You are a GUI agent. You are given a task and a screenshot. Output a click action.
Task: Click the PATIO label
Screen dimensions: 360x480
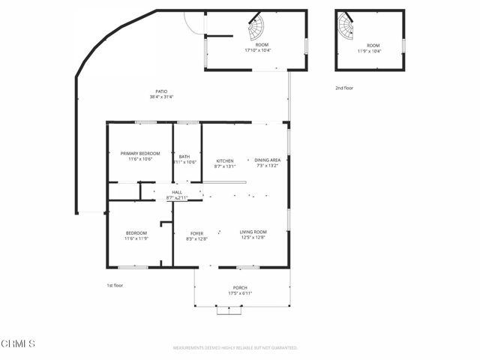click(x=161, y=91)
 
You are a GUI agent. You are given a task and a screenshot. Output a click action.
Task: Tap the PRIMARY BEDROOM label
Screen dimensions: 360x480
click(x=140, y=153)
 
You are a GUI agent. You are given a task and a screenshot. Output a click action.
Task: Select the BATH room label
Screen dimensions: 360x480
click(x=184, y=157)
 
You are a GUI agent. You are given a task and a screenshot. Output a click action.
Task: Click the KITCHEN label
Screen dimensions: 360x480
click(x=225, y=160)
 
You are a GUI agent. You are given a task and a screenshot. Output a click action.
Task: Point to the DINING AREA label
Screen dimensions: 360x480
click(x=267, y=160)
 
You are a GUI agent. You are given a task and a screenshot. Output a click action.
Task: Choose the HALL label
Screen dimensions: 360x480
click(x=177, y=192)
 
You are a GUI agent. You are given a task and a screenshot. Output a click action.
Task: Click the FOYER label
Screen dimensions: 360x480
click(x=196, y=233)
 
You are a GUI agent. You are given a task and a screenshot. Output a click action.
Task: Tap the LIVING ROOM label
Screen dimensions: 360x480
click(x=253, y=232)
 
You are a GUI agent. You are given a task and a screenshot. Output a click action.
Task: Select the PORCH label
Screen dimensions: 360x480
click(x=240, y=288)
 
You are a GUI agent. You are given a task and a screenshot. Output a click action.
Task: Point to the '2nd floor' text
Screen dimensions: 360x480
click(x=344, y=88)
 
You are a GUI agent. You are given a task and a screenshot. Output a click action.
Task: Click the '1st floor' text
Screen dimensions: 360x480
click(x=115, y=285)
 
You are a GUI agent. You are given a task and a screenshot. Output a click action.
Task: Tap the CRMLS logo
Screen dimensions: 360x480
click(x=19, y=343)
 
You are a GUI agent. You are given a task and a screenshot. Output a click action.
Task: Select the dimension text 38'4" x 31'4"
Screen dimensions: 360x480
click(x=161, y=97)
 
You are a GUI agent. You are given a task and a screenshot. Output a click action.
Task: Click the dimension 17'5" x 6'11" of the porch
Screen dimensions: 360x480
click(x=240, y=293)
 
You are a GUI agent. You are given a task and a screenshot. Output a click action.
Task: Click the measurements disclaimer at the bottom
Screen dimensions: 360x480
click(x=235, y=348)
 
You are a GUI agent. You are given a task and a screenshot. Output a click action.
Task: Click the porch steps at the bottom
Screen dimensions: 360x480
click(x=229, y=310)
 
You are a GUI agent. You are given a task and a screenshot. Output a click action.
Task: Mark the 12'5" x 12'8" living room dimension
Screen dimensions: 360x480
click(x=253, y=238)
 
